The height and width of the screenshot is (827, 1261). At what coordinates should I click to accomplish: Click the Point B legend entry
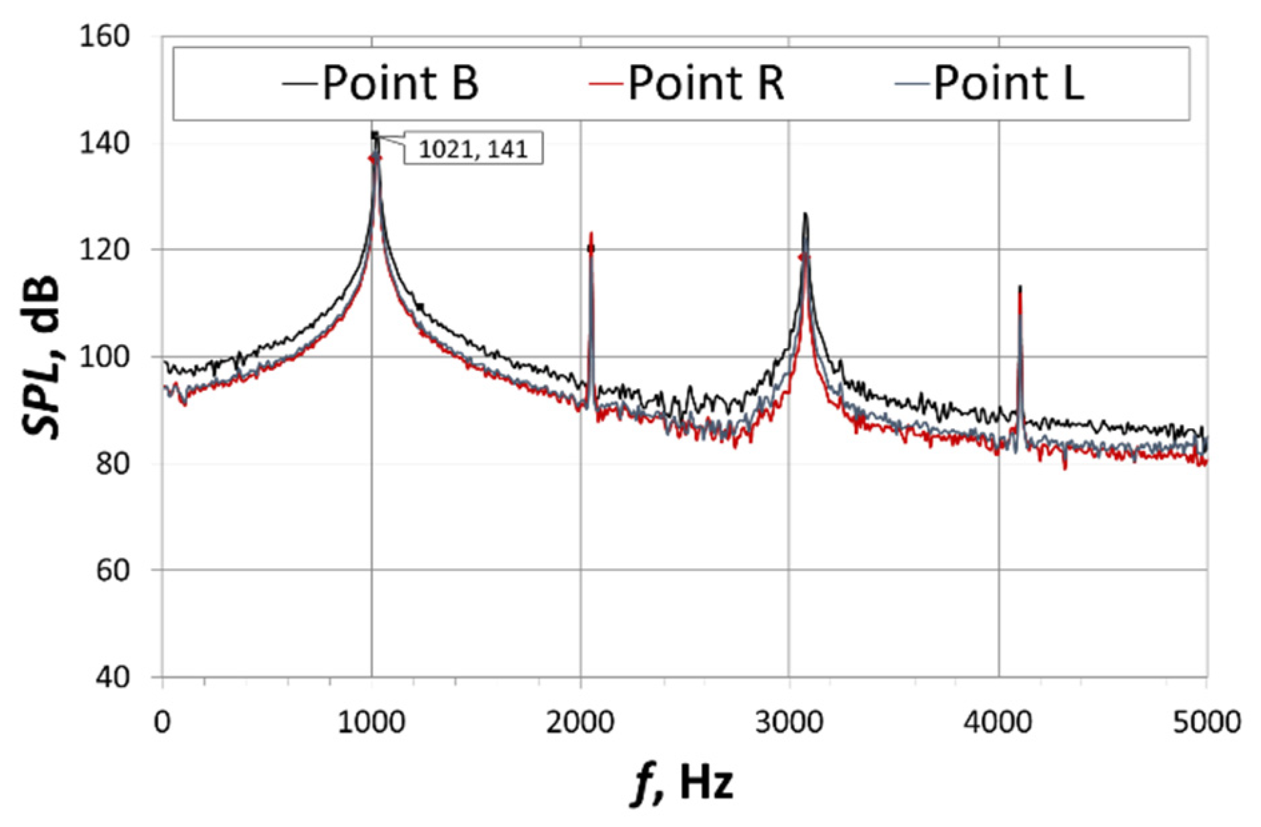380,83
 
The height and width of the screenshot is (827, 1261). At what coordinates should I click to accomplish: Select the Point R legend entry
687,83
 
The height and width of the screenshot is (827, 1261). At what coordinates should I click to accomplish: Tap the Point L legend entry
994,83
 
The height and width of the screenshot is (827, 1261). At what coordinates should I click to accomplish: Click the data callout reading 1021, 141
473,148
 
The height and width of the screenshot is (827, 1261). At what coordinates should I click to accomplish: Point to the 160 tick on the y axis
103,37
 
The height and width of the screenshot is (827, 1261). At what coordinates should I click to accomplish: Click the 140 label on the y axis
103,143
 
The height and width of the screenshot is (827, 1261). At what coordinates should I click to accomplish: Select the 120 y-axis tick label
103,250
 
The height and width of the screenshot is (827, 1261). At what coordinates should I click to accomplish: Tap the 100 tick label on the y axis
103,357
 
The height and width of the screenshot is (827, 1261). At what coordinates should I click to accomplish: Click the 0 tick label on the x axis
162,722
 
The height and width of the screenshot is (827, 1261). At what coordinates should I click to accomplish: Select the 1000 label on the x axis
371,722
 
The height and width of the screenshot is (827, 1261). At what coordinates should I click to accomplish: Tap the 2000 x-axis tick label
580,722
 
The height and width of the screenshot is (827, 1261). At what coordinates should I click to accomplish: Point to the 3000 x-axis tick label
790,722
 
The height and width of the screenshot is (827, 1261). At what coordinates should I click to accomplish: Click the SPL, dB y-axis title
41,357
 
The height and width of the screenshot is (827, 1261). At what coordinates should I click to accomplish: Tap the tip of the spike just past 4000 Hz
1020,287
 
